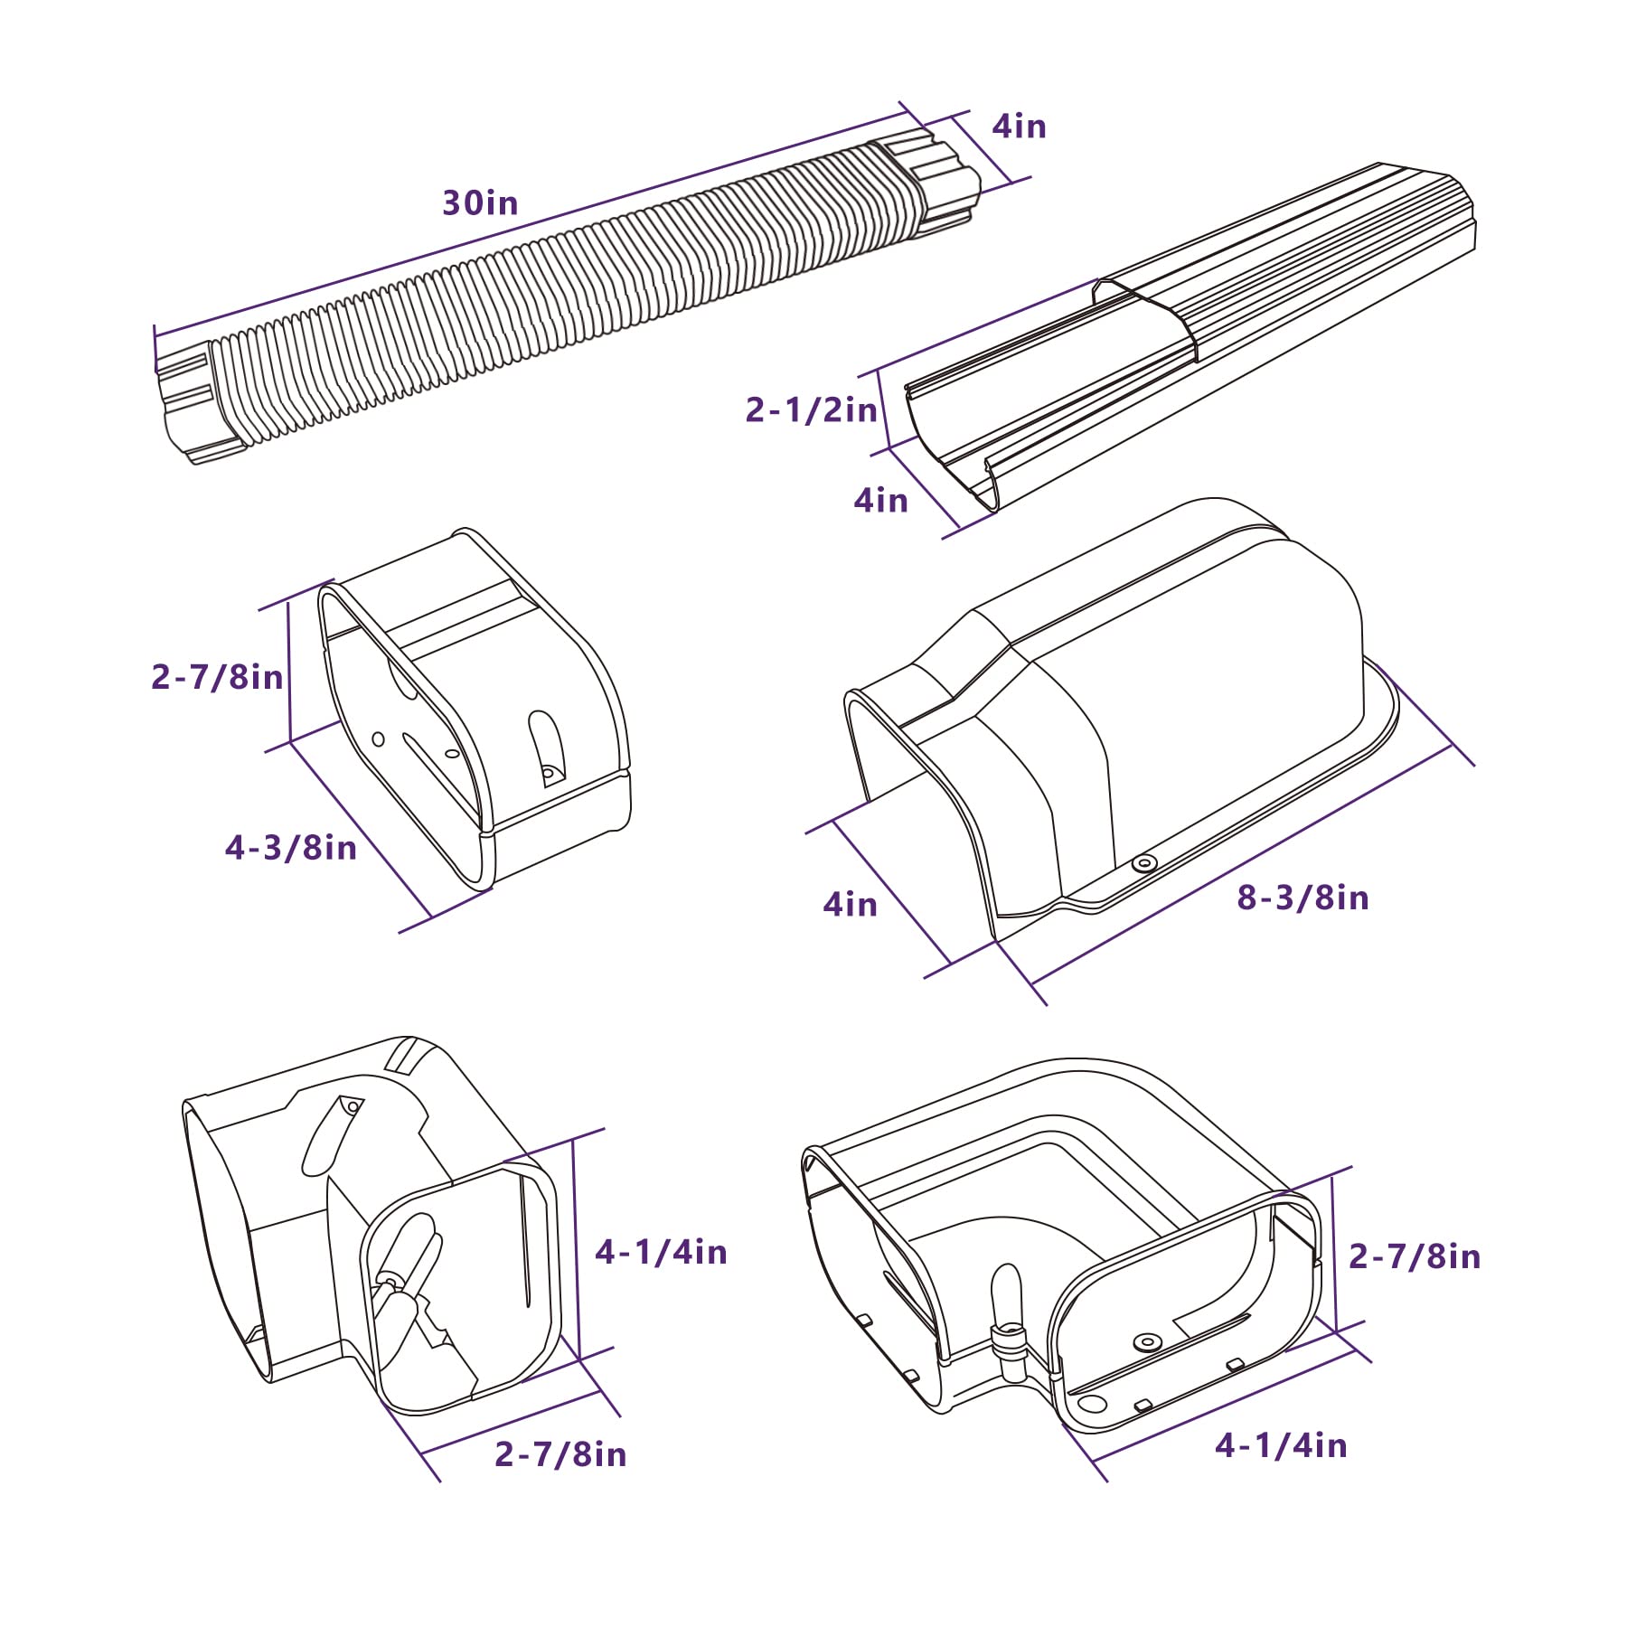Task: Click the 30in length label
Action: click(x=480, y=202)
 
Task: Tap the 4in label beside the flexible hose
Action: click(x=1020, y=126)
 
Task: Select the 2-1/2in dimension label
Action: click(x=811, y=409)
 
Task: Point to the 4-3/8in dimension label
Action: click(x=290, y=847)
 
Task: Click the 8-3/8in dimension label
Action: click(x=1303, y=897)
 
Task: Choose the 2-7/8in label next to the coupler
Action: click(x=217, y=676)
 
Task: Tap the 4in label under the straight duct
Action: click(x=880, y=500)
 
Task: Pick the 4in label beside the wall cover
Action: click(x=850, y=904)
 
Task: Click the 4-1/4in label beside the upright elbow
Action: click(x=661, y=1251)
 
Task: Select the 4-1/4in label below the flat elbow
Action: click(x=1281, y=1444)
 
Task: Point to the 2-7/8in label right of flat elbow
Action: click(x=1415, y=1256)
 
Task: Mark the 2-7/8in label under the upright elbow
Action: click(x=560, y=1453)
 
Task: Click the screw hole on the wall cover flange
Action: click(x=1144, y=863)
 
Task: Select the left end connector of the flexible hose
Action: click(x=201, y=402)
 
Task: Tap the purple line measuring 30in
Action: click(x=530, y=221)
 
